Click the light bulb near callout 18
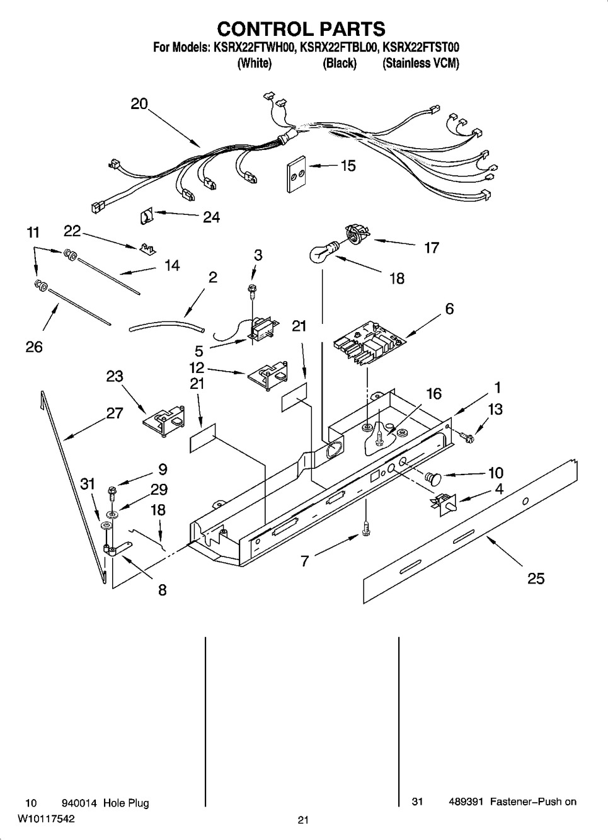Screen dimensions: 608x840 pyautogui.click(x=323, y=251)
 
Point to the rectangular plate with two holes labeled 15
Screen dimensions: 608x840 pyautogui.click(x=297, y=174)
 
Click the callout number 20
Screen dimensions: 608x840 pyautogui.click(x=139, y=104)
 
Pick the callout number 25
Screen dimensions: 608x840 pyautogui.click(x=536, y=578)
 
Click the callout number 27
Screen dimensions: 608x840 pyautogui.click(x=115, y=413)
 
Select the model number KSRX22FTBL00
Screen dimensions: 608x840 pyautogui.click(x=338, y=48)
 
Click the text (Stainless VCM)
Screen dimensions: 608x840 pyautogui.click(x=421, y=63)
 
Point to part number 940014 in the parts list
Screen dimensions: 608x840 pyautogui.click(x=79, y=803)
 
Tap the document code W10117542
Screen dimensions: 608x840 pyautogui.click(x=46, y=819)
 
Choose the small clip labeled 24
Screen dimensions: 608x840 pyautogui.click(x=147, y=216)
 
